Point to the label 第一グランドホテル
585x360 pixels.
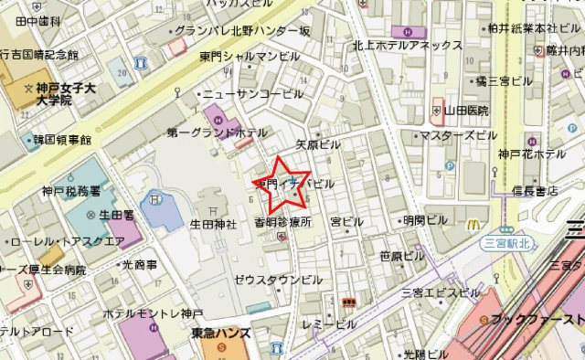(x=211, y=133)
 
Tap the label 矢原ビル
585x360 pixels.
(x=318, y=145)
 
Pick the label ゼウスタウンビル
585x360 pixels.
(x=278, y=279)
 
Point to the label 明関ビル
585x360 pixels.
(x=425, y=221)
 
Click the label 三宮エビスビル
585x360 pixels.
(x=441, y=292)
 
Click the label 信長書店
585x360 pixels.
(x=535, y=191)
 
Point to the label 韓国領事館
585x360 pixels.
(x=59, y=141)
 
